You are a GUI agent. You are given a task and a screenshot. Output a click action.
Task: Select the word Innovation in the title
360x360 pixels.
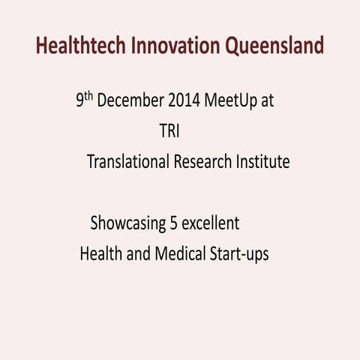(175, 46)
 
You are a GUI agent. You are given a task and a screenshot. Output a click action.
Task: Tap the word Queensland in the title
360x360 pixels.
(274, 46)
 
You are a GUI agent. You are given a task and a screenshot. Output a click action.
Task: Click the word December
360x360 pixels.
(130, 101)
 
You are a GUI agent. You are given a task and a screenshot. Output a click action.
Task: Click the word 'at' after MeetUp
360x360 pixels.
(268, 101)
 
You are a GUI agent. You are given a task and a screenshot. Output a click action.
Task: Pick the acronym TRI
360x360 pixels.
(169, 131)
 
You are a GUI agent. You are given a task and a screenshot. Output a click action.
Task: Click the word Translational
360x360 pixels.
(128, 162)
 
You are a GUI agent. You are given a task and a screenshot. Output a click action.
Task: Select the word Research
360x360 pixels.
(206, 162)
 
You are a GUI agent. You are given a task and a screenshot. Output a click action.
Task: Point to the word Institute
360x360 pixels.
(262, 162)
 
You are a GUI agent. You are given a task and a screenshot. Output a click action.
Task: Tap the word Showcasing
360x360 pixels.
(126, 223)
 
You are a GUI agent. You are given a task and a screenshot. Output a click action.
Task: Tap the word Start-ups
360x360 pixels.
(238, 254)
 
